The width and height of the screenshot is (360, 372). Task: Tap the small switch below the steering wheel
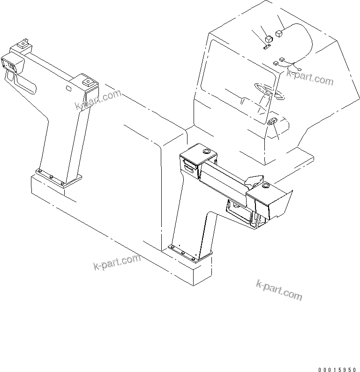click(272, 122)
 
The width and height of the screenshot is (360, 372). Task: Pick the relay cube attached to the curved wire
click(279, 33)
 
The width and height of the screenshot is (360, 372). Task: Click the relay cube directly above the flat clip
click(268, 39)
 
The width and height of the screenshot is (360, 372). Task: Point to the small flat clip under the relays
click(267, 47)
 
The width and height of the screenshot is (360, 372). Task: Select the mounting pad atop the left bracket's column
click(88, 83)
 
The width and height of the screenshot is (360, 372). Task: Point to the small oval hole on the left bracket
click(68, 89)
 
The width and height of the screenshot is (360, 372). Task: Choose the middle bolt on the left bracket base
click(50, 177)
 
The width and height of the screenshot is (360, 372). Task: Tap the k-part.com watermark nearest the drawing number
click(279, 290)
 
